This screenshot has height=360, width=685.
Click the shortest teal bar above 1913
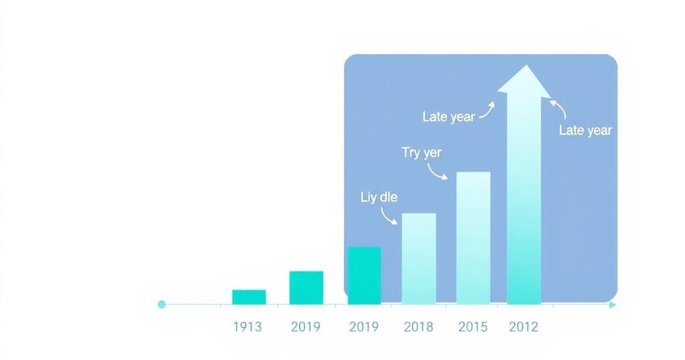click(x=249, y=297)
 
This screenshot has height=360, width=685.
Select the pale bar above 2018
click(x=419, y=259)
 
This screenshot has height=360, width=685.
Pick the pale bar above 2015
click(x=474, y=238)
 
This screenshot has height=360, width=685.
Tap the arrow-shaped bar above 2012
click(x=524, y=185)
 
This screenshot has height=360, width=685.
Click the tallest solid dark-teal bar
click(x=365, y=276)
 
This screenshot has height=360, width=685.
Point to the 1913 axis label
click(x=248, y=327)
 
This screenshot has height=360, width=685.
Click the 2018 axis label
click(x=419, y=327)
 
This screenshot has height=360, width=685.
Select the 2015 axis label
click(x=473, y=327)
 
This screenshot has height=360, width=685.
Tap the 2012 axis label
click(x=524, y=327)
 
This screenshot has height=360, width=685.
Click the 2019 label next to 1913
click(x=306, y=327)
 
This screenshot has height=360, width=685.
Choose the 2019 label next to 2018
click(x=364, y=327)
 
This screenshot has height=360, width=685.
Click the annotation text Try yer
click(x=421, y=153)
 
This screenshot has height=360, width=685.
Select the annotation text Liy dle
click(x=379, y=197)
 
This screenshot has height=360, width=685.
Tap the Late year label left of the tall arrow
click(x=449, y=117)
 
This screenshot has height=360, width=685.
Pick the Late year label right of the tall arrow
click(x=585, y=130)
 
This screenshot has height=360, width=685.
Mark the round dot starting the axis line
click(x=162, y=304)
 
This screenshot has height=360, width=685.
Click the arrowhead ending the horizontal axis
click(x=613, y=304)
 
